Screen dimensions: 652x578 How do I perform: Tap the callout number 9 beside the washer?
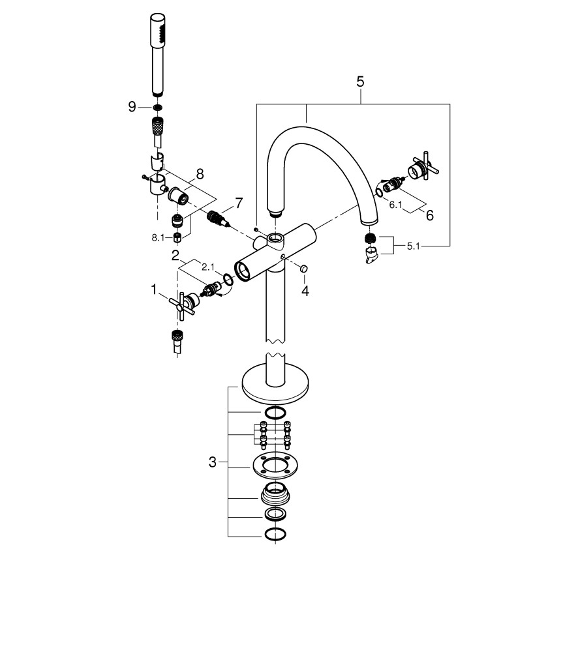[132, 106]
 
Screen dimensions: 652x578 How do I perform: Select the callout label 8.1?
[159, 237]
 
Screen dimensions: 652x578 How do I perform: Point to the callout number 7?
[238, 203]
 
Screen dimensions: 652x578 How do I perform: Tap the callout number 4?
[305, 290]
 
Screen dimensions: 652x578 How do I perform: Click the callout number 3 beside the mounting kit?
[212, 462]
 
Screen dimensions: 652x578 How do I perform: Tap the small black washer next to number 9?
[157, 106]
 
